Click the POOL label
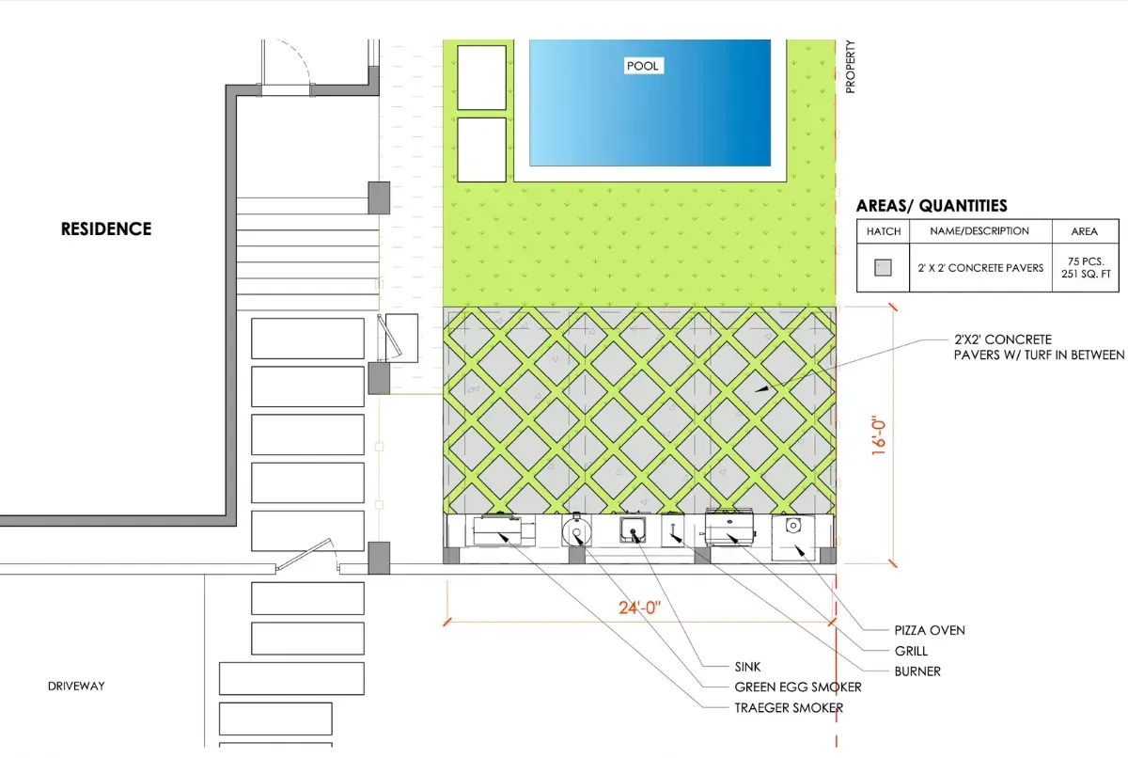point(643,66)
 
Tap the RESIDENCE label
point(106,229)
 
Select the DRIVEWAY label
point(76,686)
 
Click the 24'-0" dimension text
point(639,608)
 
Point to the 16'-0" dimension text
point(878,435)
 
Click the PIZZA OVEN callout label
point(930,631)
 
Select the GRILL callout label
point(911,651)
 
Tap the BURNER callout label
point(917,671)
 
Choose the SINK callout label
point(747,667)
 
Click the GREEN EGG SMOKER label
point(798,687)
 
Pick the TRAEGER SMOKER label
point(789,707)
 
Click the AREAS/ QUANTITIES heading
point(932,206)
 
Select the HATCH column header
point(884,231)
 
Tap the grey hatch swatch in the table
point(883,267)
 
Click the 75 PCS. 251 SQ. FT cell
point(1086,268)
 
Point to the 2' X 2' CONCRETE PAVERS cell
point(980,268)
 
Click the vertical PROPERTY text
point(851,67)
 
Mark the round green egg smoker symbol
point(576,530)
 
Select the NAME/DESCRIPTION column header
point(979,231)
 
